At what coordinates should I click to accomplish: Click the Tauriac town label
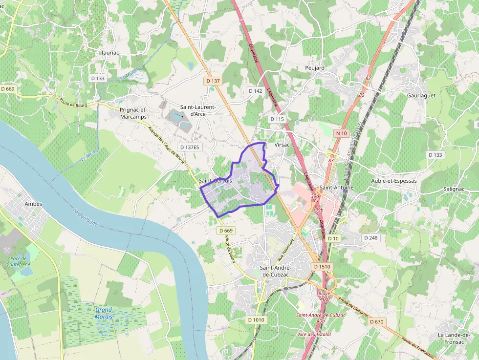[109, 53]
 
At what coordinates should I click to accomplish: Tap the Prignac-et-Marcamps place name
[133, 113]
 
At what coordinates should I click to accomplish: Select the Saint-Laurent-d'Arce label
[198, 110]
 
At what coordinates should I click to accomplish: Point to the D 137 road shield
[214, 81]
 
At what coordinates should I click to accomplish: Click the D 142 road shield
[256, 91]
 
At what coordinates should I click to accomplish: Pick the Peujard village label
[314, 68]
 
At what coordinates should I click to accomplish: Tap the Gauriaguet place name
[421, 96]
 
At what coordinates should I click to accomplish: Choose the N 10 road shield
[341, 133]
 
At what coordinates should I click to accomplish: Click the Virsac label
[283, 146]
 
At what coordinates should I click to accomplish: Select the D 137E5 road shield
[191, 147]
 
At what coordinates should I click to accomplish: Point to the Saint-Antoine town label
[336, 188]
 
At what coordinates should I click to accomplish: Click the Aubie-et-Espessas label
[394, 181]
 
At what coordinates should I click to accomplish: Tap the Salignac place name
[454, 189]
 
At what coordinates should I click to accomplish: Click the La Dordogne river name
[86, 217]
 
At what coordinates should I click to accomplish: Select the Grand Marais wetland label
[104, 313]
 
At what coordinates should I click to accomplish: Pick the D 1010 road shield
[256, 320]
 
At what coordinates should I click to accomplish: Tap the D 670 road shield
[377, 322]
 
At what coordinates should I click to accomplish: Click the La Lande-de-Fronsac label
[454, 338]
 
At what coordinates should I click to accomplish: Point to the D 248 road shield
[371, 237]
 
